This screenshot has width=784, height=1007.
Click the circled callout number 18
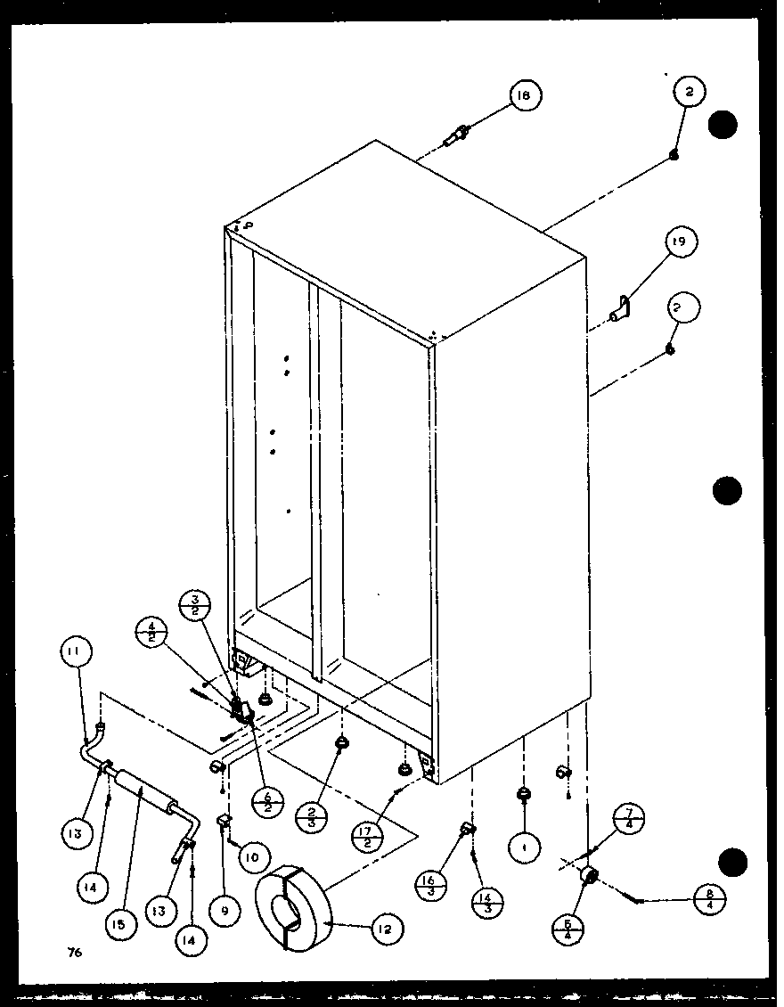pyautogui.click(x=526, y=96)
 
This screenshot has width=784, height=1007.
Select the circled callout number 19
pyautogui.click(x=681, y=242)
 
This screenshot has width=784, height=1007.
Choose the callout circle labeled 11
pyautogui.click(x=78, y=652)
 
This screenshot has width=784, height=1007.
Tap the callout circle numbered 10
pyautogui.click(x=253, y=857)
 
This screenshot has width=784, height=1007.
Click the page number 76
pyautogui.click(x=74, y=953)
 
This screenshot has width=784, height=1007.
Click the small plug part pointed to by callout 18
pyautogui.click(x=458, y=137)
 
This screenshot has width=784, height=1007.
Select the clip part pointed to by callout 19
pyautogui.click(x=620, y=309)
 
